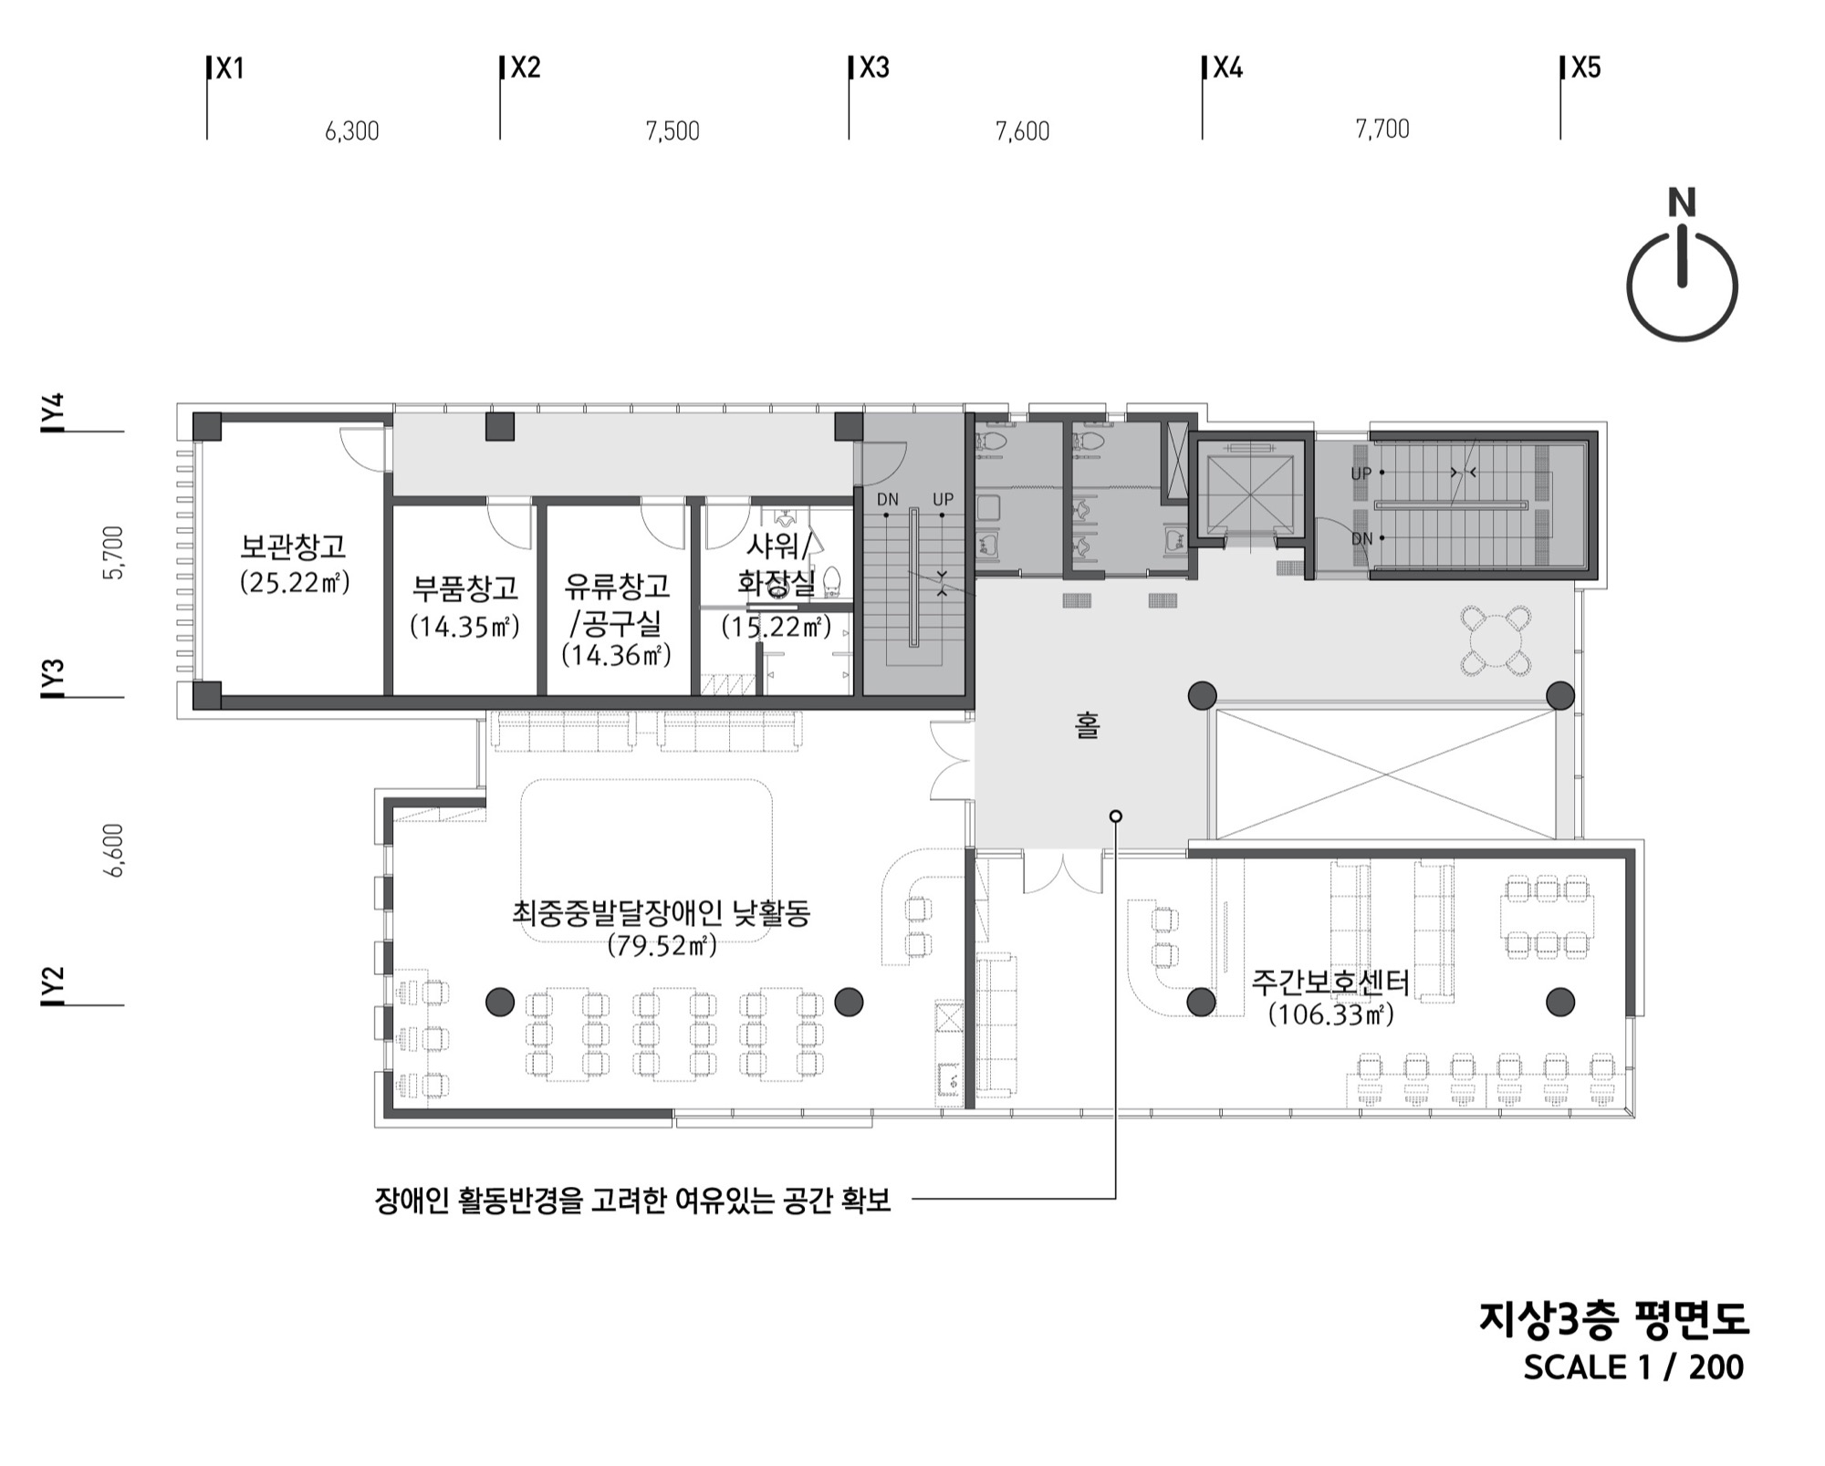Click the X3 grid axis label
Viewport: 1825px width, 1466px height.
pyautogui.click(x=874, y=68)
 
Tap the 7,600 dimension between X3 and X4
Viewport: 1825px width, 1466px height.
pyautogui.click(x=1022, y=131)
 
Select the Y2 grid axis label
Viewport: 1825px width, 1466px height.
pyautogui.click(x=54, y=986)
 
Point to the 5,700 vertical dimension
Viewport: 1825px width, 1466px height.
pyautogui.click(x=114, y=553)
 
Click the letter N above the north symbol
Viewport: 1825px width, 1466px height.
pyautogui.click(x=1682, y=203)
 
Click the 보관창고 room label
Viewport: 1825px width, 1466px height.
pyautogui.click(x=294, y=546)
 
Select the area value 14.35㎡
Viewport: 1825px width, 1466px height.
pyautogui.click(x=464, y=627)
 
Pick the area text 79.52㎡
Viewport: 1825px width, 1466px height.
pyautogui.click(x=662, y=946)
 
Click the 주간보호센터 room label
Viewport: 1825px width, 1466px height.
pyautogui.click(x=1330, y=983)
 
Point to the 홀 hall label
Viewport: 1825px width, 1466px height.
pyautogui.click(x=1087, y=726)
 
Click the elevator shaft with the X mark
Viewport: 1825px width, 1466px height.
pyautogui.click(x=1250, y=494)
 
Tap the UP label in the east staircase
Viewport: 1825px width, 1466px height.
pyautogui.click(x=1361, y=473)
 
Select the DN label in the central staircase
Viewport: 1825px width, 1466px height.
pyautogui.click(x=887, y=499)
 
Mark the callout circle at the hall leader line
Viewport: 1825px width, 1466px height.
pyautogui.click(x=1115, y=816)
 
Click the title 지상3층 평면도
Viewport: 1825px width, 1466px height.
pyautogui.click(x=1612, y=1319)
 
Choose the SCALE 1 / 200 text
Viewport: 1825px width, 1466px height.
pyautogui.click(x=1633, y=1367)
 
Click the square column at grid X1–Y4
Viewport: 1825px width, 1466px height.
pyautogui.click(x=206, y=426)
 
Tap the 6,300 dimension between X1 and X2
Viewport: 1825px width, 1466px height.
pyautogui.click(x=352, y=131)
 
